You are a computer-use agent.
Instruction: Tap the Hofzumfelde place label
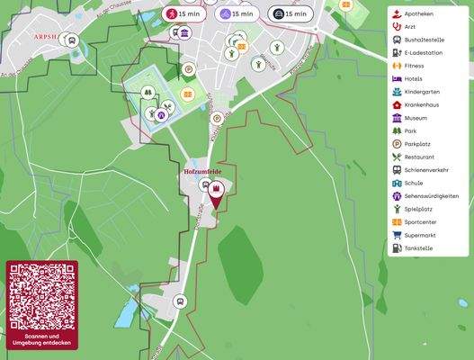tap(202, 170)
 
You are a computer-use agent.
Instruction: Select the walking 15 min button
tap(183, 14)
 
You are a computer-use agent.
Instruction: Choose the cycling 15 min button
tap(237, 14)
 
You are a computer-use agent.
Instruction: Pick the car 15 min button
tap(291, 14)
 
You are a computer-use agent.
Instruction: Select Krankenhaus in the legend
tap(425, 104)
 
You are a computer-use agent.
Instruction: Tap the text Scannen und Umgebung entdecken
tap(42, 339)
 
